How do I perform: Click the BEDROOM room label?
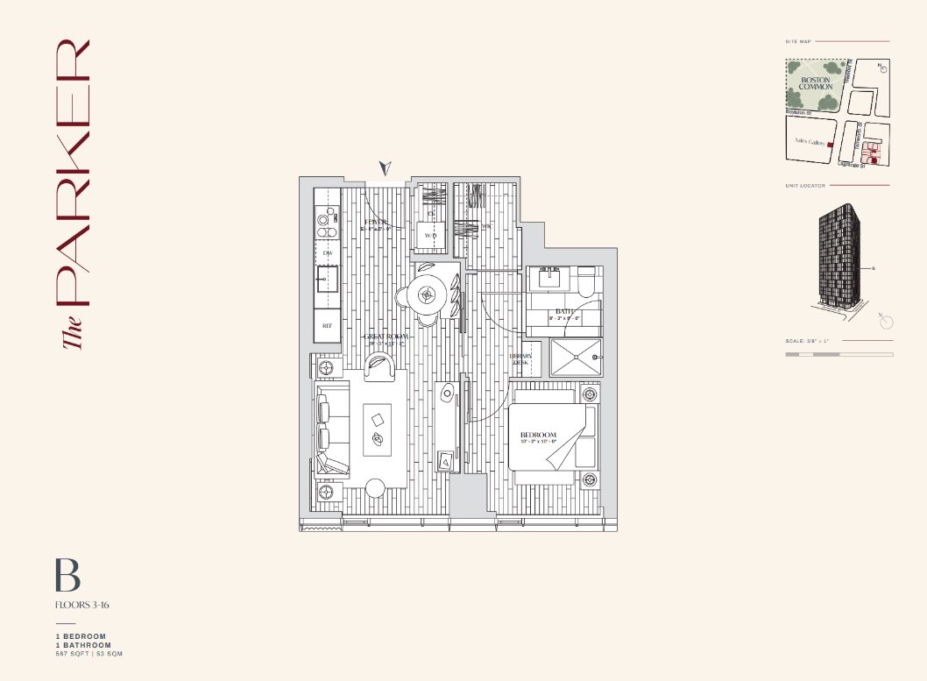pyautogui.click(x=538, y=436)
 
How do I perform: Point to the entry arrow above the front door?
pyautogui.click(x=385, y=167)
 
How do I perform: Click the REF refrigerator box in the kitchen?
pyautogui.click(x=327, y=325)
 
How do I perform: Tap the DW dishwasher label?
pyautogui.click(x=327, y=253)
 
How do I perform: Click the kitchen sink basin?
pyautogui.click(x=328, y=280)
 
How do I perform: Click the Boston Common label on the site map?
pyautogui.click(x=815, y=83)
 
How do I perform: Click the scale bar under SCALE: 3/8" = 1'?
pyautogui.click(x=839, y=354)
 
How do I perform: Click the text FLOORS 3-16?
pyautogui.click(x=81, y=605)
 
